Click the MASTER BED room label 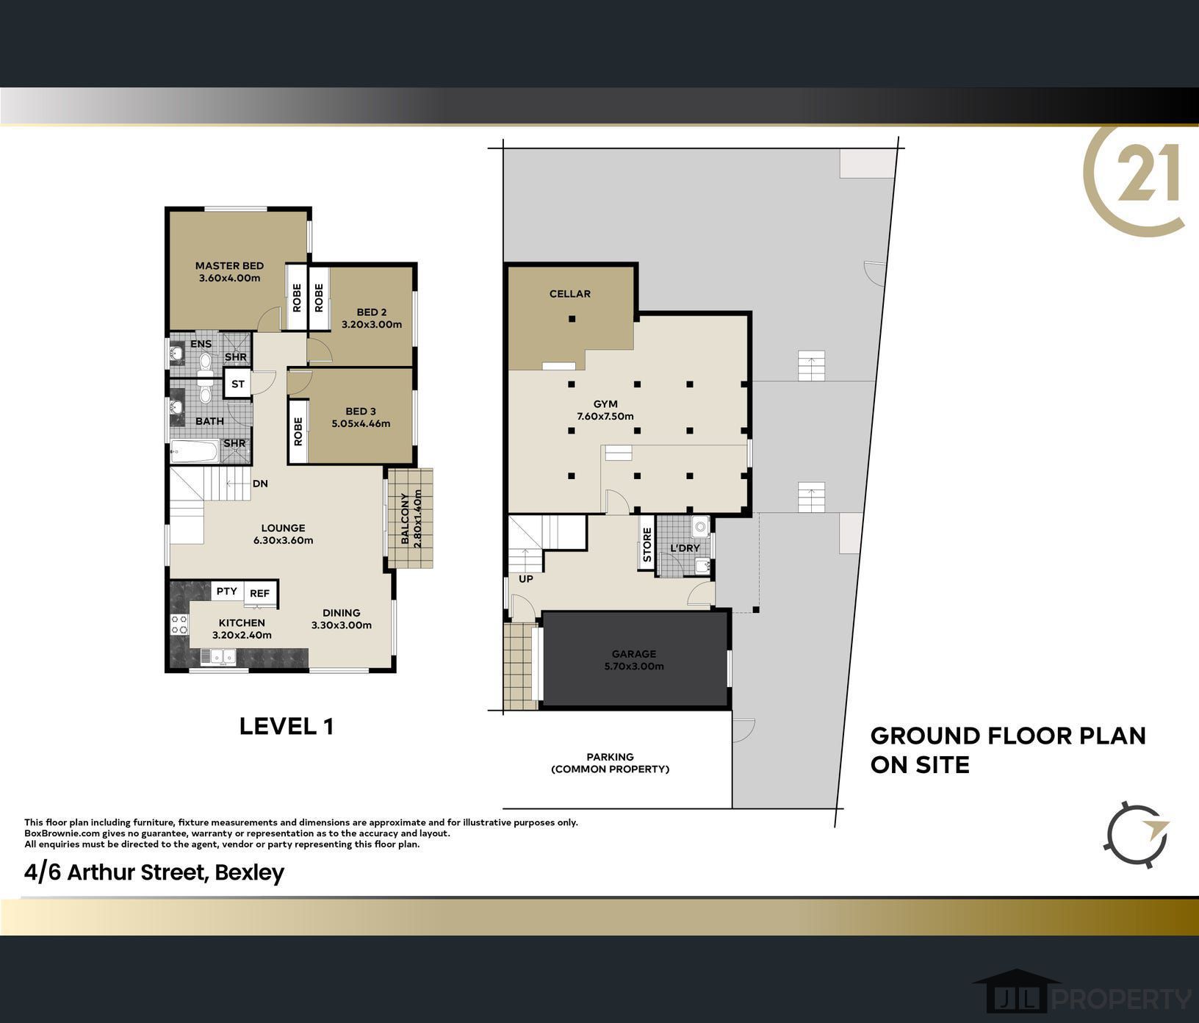(x=229, y=266)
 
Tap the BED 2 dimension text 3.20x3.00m (x=372, y=324)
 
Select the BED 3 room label (x=361, y=411)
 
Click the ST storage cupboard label (x=238, y=384)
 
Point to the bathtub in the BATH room (x=195, y=451)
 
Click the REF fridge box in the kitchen (x=259, y=593)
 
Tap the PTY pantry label (x=227, y=591)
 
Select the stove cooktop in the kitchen (x=179, y=624)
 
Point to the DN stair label (x=260, y=484)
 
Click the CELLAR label (x=570, y=294)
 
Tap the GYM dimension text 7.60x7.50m (x=605, y=416)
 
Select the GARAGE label (x=634, y=653)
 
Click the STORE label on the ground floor (x=647, y=545)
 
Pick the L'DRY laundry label (x=685, y=548)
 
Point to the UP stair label (x=526, y=578)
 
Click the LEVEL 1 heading (x=287, y=726)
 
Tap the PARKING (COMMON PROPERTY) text (x=610, y=763)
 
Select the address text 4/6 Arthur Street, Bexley (x=154, y=872)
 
